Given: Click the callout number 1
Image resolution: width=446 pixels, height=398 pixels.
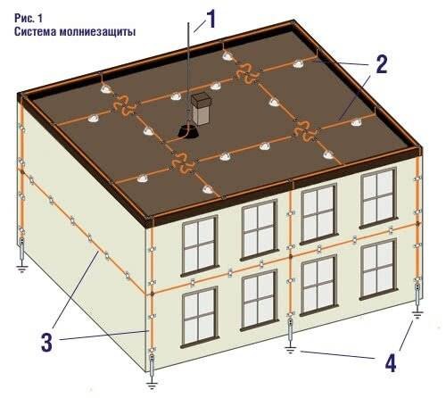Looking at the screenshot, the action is point(211,19).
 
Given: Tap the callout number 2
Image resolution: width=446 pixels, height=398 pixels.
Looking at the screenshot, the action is point(382,64).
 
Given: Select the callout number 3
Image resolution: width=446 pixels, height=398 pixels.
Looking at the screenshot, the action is point(47,343).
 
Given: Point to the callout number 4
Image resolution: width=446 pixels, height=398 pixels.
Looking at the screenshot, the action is point(390,363).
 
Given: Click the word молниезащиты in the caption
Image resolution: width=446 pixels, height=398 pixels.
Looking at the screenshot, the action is point(97,31).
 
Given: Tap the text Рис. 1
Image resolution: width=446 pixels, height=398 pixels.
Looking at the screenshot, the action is point(29,18).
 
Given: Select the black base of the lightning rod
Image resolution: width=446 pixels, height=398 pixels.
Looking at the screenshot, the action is point(187,131).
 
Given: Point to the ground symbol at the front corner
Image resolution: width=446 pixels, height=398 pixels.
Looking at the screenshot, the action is point(152,386).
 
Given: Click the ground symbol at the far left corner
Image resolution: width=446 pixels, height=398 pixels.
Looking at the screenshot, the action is point(21,269).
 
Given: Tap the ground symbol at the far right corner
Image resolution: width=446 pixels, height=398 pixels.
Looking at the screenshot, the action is point(417,315).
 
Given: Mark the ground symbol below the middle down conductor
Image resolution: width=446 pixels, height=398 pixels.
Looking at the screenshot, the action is point(290,349).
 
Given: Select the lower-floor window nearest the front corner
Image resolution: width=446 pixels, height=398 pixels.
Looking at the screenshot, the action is point(200,317).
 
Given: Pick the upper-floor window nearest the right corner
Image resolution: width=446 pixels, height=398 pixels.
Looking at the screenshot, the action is point(378,197).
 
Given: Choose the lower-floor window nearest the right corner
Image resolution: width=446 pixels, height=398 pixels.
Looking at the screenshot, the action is point(378,269).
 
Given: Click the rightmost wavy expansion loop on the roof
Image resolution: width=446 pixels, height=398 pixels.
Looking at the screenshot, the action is point(305,132).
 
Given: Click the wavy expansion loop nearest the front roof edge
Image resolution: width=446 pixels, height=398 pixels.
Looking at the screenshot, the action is point(182,162).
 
